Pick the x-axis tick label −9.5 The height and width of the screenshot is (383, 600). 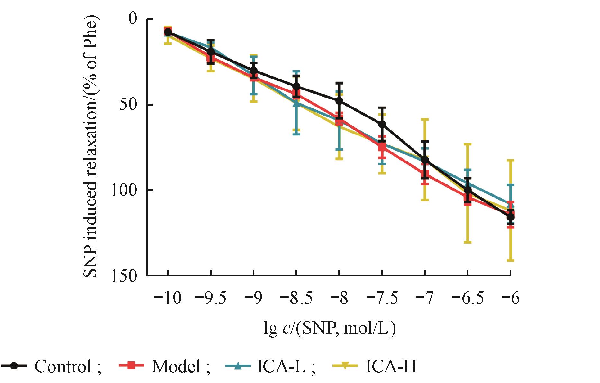[210, 298]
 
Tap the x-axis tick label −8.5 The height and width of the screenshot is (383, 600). [296, 298]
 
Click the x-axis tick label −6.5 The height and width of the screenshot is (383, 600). [468, 298]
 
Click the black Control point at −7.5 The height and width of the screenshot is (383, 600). [382, 124]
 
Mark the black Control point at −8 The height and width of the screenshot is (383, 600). [339, 101]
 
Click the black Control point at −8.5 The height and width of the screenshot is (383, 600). [296, 86]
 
